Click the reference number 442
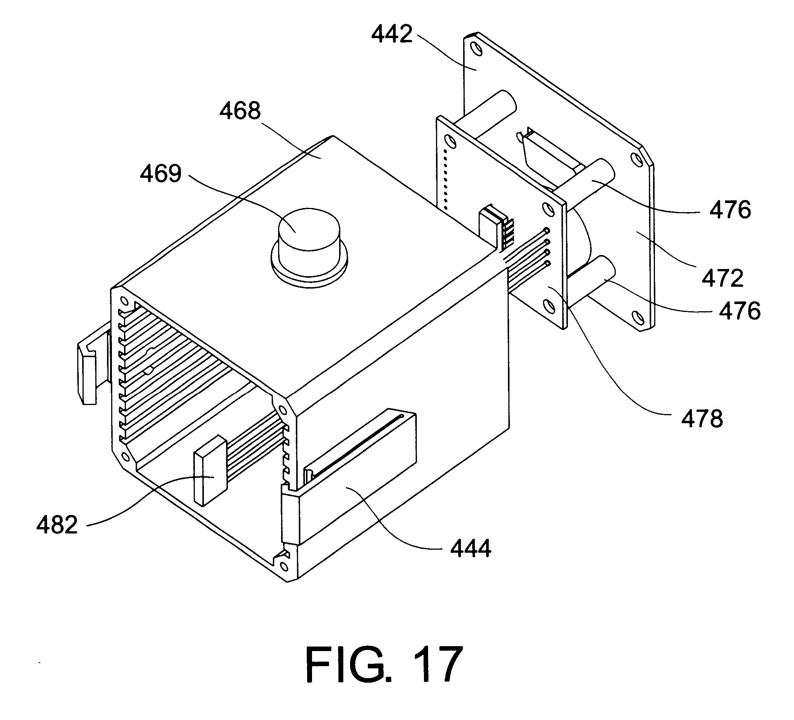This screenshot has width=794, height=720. coord(392,34)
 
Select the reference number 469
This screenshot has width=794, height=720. coord(161,174)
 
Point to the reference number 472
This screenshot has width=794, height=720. coord(723,278)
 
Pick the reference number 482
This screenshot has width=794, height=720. coord(57,525)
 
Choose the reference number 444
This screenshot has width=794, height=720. coord(471,548)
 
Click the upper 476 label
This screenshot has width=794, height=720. coord(730,210)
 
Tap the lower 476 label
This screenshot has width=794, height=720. coord(740,311)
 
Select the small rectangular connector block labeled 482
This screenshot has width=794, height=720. coord(210,471)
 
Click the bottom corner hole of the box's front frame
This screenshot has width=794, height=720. coord(283,566)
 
